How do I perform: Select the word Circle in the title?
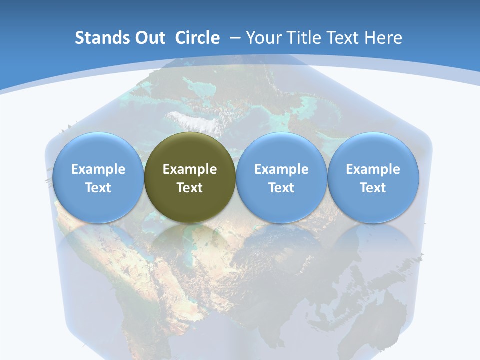197,38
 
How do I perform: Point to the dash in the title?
234,38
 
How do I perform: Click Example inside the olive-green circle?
190,169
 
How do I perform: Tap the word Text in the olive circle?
190,188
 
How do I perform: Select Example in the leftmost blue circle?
98,169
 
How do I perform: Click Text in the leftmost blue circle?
98,188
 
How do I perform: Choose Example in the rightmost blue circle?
373,169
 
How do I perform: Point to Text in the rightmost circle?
373,188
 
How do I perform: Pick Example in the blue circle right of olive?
281,169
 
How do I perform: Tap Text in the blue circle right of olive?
281,188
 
